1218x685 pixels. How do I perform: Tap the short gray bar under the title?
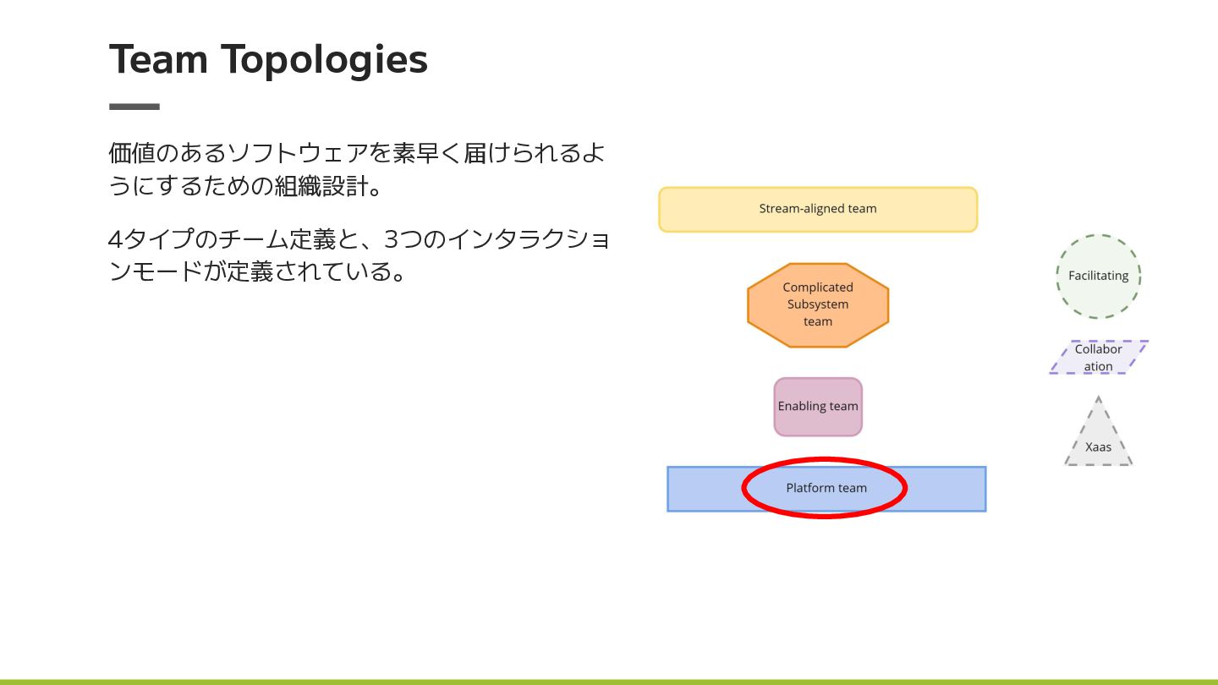tap(134, 107)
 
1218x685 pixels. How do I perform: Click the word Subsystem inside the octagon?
tap(818, 304)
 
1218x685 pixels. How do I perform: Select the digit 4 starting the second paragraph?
tap(116, 239)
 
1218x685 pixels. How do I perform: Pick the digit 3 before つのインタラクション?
tap(391, 239)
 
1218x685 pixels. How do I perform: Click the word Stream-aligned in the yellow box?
tap(793, 209)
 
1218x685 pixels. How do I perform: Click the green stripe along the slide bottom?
tap(609, 681)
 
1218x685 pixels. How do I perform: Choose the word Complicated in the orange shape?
tap(818, 288)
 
